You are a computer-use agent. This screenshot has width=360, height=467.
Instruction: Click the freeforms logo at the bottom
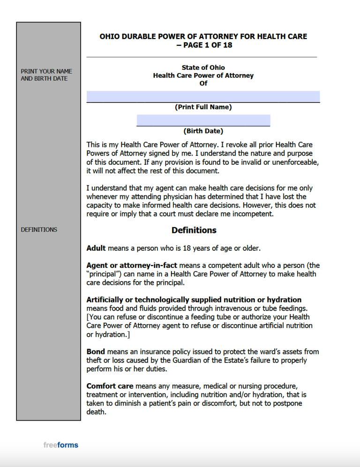click(x=60, y=445)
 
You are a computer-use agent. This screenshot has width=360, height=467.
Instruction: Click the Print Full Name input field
click(x=203, y=96)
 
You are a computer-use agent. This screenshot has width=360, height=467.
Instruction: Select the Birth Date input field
click(x=203, y=120)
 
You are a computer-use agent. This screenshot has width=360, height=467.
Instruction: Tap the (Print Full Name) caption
click(x=203, y=107)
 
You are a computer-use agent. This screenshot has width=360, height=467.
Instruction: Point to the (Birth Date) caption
click(x=203, y=131)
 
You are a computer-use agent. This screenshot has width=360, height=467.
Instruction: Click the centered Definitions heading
click(x=194, y=230)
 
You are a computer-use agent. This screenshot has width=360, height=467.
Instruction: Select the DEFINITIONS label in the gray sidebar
click(x=39, y=230)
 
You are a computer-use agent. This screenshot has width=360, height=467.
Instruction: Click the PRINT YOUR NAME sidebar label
click(x=46, y=72)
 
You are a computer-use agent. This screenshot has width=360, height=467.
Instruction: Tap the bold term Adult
click(x=96, y=248)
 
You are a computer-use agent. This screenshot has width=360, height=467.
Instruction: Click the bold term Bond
click(x=96, y=351)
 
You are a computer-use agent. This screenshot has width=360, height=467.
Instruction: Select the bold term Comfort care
click(x=110, y=386)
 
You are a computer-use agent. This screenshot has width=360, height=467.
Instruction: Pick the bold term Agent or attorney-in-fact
click(x=132, y=265)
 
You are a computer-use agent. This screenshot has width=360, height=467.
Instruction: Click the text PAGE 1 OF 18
click(x=208, y=45)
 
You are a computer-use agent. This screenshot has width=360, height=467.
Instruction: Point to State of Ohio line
click(x=203, y=67)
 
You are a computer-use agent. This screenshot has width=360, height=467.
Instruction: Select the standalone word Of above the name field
click(x=203, y=83)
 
